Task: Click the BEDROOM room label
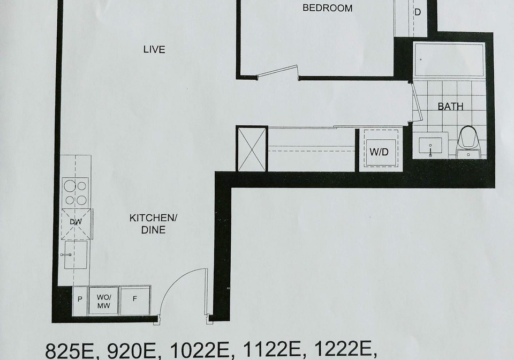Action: [x=327, y=8]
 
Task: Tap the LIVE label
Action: [x=154, y=49]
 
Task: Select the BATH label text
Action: [x=450, y=107]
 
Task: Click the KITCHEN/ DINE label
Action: [x=153, y=223]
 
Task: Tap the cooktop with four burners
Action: [x=75, y=193]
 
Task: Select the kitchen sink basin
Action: [x=75, y=255]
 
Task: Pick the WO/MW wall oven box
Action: [x=103, y=301]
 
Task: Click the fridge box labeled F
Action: [x=135, y=300]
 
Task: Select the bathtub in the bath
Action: [x=449, y=59]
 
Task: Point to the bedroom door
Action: [x=278, y=71]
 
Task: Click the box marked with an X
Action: [x=252, y=149]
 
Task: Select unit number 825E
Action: [x=72, y=351]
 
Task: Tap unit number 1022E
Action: [x=199, y=351]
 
